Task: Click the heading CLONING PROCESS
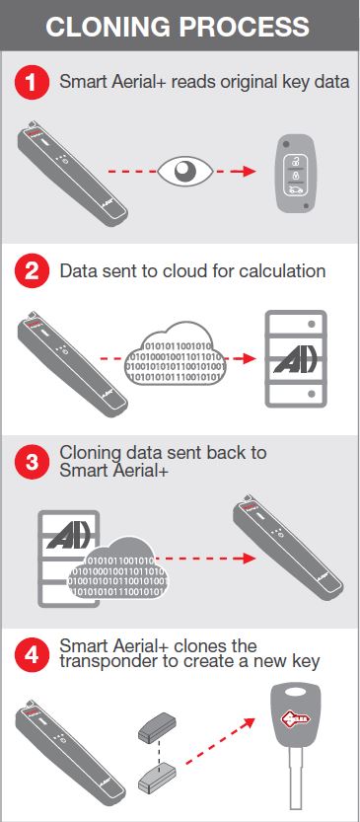180,27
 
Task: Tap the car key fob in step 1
293,172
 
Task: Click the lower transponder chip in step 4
160,779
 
